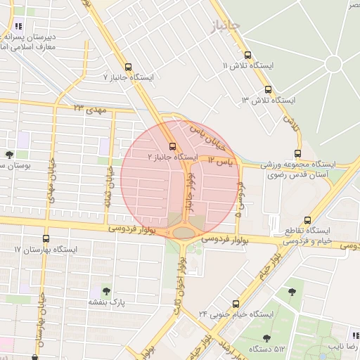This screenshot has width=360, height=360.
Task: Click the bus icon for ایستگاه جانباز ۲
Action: click(x=173, y=146)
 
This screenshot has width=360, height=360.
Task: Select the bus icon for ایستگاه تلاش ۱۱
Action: click(x=247, y=55)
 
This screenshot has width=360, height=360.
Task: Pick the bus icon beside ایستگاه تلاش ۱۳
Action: click(x=268, y=90)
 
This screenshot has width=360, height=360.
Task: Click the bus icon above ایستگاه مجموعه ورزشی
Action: click(x=297, y=153)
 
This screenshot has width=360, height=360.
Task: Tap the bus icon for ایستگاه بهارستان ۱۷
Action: click(x=46, y=239)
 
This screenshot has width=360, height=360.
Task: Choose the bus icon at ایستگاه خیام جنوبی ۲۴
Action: click(x=236, y=304)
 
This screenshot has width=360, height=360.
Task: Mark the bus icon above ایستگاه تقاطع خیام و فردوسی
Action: click(x=307, y=220)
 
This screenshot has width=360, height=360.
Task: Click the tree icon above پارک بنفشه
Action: click(x=106, y=290)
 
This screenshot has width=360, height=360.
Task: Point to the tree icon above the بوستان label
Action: click(x=9, y=155)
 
